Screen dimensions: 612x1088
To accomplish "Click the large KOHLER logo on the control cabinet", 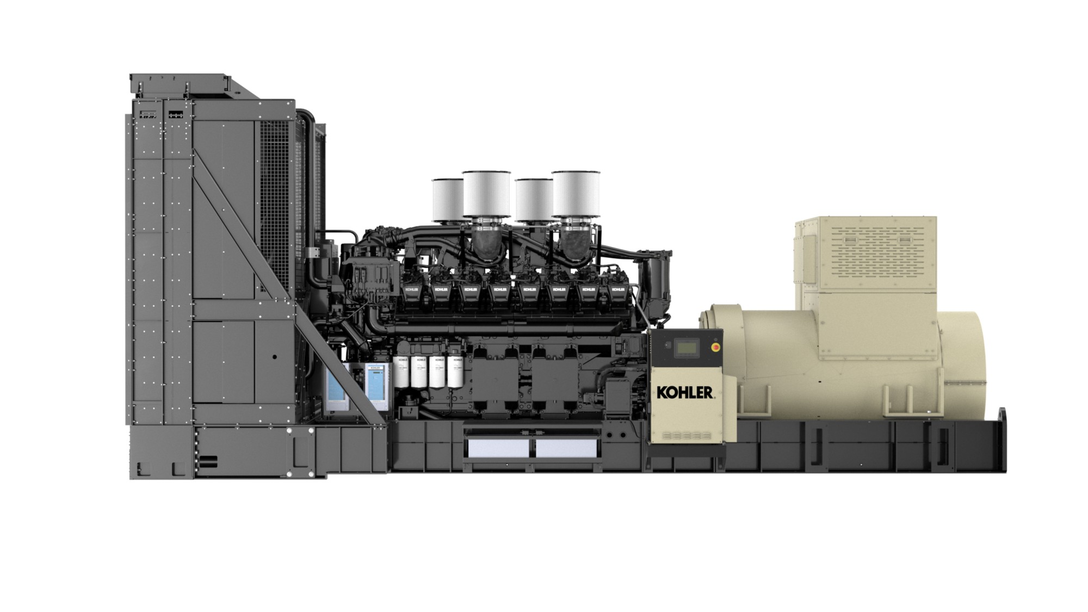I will point(684,392).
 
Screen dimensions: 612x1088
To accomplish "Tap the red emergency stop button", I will point(715,347).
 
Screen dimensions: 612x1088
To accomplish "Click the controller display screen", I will point(686,348).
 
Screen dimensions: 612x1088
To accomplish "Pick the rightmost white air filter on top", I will point(576,193).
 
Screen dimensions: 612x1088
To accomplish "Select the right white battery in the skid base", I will point(566,448).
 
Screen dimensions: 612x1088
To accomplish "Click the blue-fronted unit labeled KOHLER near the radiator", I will point(376,386).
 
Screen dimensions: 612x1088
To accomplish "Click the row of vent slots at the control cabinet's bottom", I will point(687,436).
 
